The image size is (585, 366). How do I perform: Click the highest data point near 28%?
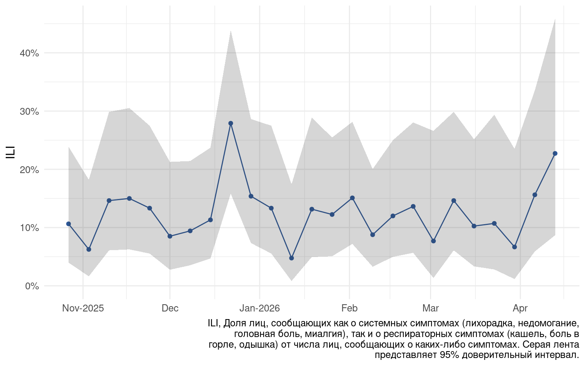click(x=230, y=123)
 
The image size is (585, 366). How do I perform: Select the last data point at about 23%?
click(x=555, y=153)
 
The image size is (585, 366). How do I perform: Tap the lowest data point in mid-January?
click(x=291, y=258)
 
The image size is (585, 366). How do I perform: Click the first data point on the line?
click(x=69, y=224)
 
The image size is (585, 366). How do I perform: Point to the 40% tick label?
click(x=29, y=53)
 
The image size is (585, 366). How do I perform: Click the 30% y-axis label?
click(x=29, y=111)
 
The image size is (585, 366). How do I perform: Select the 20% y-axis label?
click(x=29, y=170)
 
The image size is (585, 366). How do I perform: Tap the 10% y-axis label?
click(x=29, y=228)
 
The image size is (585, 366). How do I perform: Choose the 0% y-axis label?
click(x=32, y=286)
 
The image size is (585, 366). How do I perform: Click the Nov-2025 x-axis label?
click(x=83, y=308)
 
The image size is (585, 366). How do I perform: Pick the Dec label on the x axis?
click(x=170, y=308)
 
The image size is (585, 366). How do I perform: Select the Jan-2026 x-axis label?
click(x=260, y=308)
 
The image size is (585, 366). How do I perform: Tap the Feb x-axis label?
click(x=349, y=308)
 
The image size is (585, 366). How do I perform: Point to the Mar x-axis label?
click(x=430, y=308)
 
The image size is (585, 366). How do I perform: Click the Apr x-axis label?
click(x=520, y=308)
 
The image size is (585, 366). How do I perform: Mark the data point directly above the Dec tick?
click(x=170, y=236)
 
